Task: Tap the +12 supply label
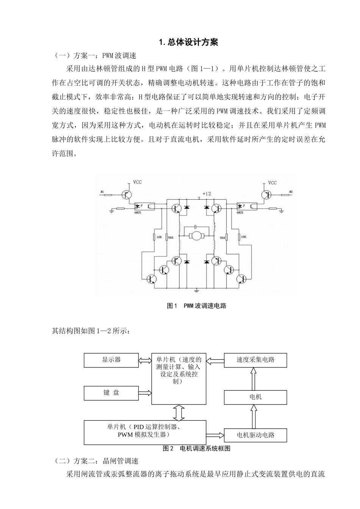207,194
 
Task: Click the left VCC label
137,183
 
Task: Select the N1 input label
102,192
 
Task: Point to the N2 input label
291,192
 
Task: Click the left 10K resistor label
158,237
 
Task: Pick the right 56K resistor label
223,238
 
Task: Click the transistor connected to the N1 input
127,194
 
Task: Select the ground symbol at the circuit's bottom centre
196,291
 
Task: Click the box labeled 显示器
111,360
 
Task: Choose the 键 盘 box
111,393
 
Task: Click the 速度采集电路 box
255,360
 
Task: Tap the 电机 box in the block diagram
255,397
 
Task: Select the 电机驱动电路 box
255,435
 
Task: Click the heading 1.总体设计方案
188,42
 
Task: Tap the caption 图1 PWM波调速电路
196,306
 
